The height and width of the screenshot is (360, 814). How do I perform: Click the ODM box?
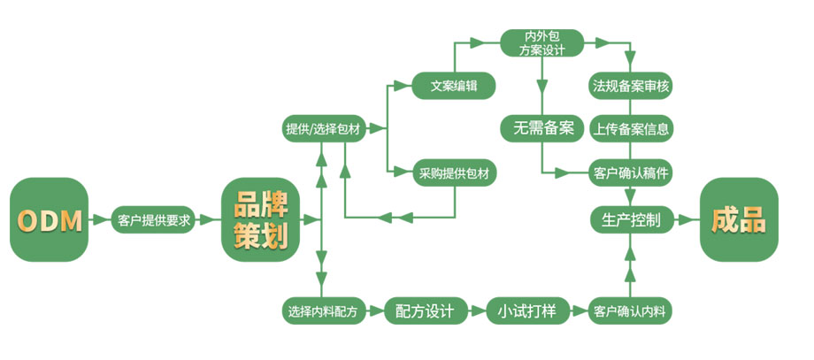(x=50, y=220)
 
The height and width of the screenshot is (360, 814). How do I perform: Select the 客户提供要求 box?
(x=154, y=220)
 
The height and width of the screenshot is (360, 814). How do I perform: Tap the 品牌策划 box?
(x=260, y=220)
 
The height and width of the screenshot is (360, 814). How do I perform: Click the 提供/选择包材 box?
(x=322, y=129)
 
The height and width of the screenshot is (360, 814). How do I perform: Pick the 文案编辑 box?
(x=453, y=86)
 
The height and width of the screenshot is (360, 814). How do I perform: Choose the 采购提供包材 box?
(x=453, y=173)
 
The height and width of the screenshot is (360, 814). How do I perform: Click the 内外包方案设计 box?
(x=542, y=42)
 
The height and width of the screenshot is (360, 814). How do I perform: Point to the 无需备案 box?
(x=542, y=128)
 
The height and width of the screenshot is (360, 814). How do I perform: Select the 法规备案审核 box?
(x=631, y=86)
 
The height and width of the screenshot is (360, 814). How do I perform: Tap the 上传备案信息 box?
(x=631, y=128)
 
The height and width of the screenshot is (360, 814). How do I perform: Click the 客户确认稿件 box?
(x=631, y=172)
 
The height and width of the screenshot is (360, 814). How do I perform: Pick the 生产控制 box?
(x=631, y=220)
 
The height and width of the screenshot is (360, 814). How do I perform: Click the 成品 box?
(x=739, y=220)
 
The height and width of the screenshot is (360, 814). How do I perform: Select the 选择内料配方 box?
(x=322, y=311)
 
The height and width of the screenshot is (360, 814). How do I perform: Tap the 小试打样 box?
(x=526, y=311)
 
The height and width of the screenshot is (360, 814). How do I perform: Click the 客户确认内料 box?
(x=631, y=311)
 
